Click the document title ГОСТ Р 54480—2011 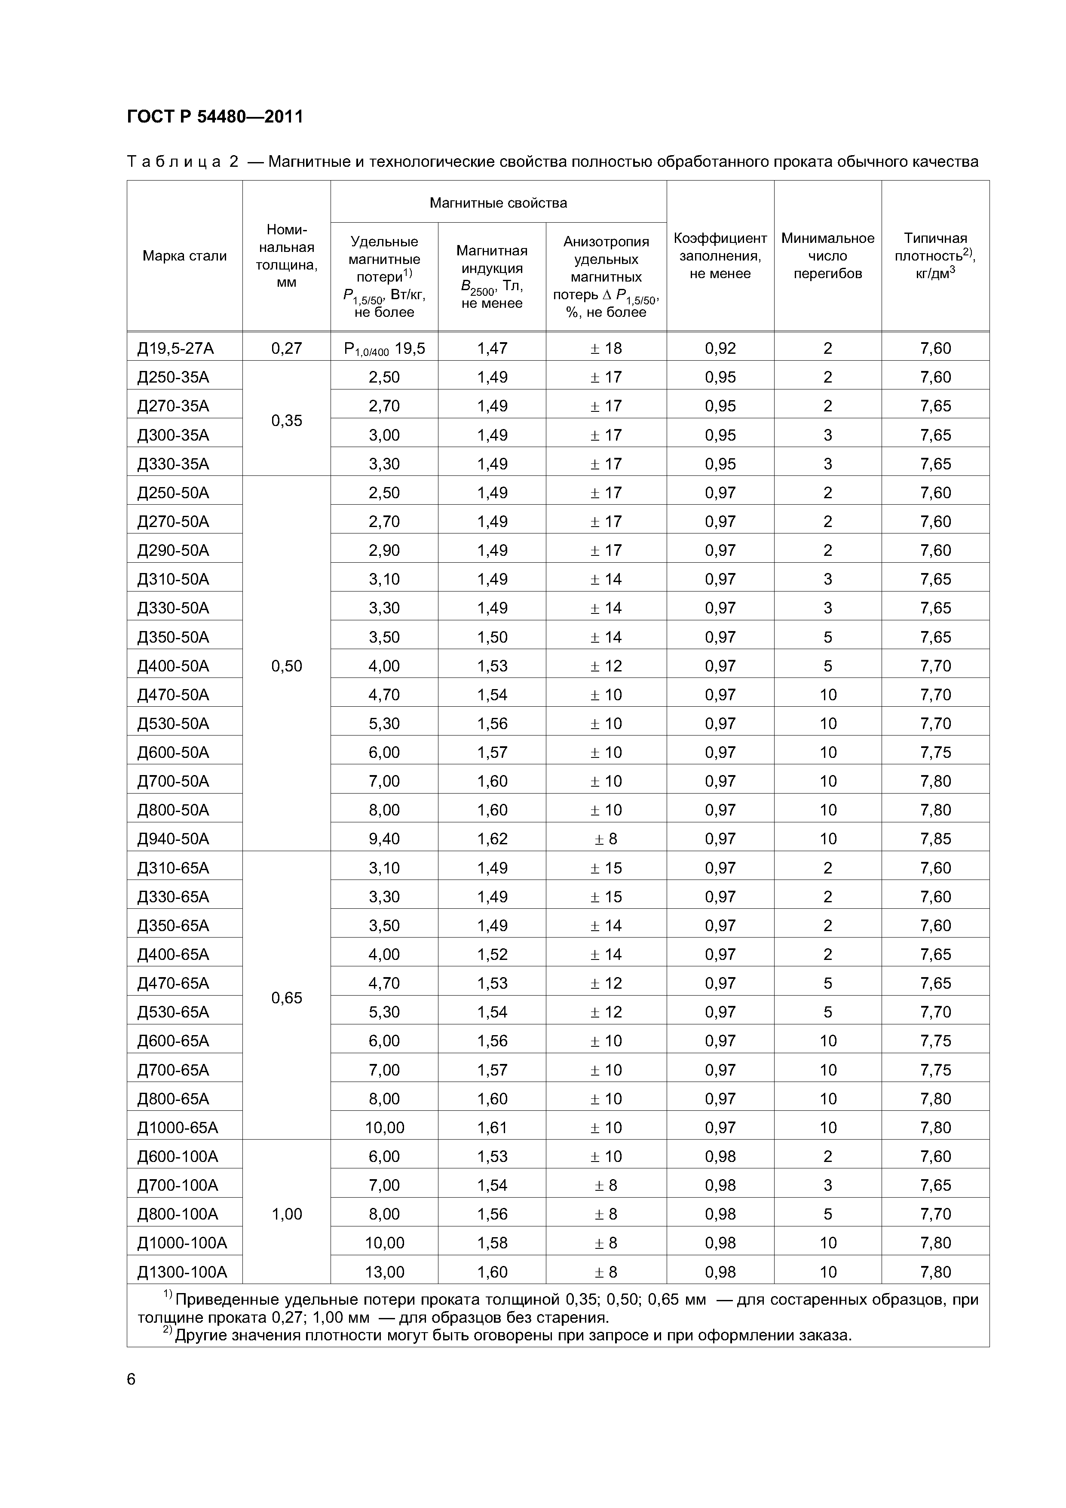(215, 117)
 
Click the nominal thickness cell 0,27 (286, 349)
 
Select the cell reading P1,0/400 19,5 (384, 349)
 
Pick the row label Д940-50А (173, 839)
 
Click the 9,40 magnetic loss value (384, 839)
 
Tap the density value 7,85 (935, 839)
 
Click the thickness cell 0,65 (286, 998)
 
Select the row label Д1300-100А (182, 1272)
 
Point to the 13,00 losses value (384, 1272)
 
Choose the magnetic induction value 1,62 (492, 839)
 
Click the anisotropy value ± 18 (606, 349)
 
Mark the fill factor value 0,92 (720, 349)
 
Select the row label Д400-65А (173, 954)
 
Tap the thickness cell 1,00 (286, 1214)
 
